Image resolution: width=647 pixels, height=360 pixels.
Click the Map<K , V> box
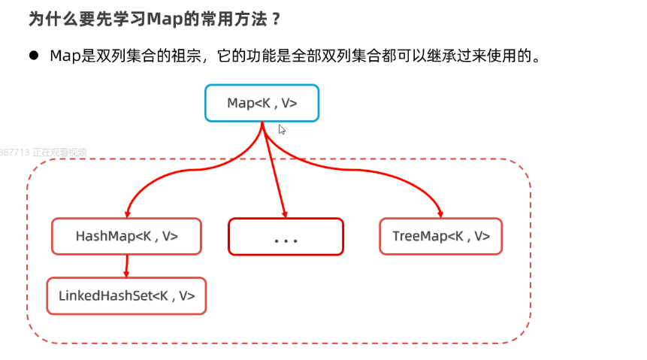[x=262, y=103]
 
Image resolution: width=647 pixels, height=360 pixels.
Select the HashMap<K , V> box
[x=126, y=236]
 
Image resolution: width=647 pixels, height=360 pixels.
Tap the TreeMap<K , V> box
[x=440, y=236]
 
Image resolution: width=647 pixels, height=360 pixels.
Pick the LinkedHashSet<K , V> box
[x=126, y=296]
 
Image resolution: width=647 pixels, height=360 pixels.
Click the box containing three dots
[x=286, y=237]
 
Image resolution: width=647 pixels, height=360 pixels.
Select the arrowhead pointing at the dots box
[x=285, y=213]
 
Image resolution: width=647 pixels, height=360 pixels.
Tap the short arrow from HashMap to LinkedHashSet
[x=126, y=266]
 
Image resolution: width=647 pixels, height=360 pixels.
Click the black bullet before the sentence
[x=34, y=56]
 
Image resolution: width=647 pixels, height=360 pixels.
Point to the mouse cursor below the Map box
[x=282, y=129]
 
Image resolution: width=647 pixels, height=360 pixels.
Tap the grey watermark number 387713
[x=15, y=152]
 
